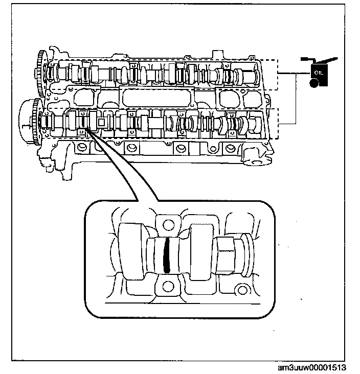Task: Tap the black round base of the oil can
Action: [x=314, y=82]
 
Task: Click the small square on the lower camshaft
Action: [x=101, y=123]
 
